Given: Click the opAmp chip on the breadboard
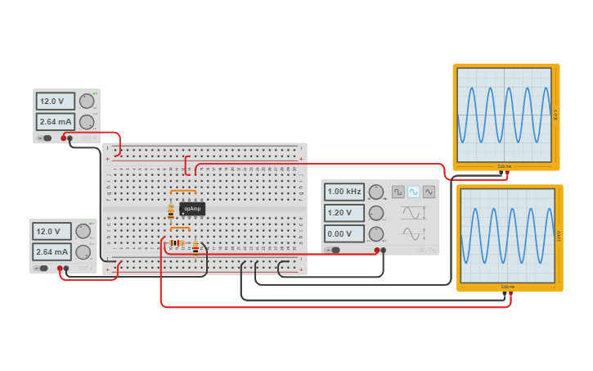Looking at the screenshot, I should [x=192, y=209].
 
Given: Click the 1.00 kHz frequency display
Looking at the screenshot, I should [x=344, y=192].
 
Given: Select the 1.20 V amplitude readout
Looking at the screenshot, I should [x=344, y=213].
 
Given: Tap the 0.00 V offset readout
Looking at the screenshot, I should [x=344, y=234].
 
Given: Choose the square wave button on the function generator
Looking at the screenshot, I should [x=398, y=192].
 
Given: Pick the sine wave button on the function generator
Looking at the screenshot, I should [x=414, y=192].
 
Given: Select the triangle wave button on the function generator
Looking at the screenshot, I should [x=429, y=192].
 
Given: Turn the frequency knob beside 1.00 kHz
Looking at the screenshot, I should [x=376, y=192].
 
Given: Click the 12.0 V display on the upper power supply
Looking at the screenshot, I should [x=55, y=102].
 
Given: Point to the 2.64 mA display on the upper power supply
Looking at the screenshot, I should [x=55, y=122].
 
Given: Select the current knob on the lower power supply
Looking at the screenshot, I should [x=83, y=252].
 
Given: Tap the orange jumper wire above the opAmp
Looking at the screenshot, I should [x=183, y=191].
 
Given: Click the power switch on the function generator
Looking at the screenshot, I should [x=335, y=250].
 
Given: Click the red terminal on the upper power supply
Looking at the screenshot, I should [x=63, y=138].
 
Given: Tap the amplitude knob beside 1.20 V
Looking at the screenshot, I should [x=376, y=214].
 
